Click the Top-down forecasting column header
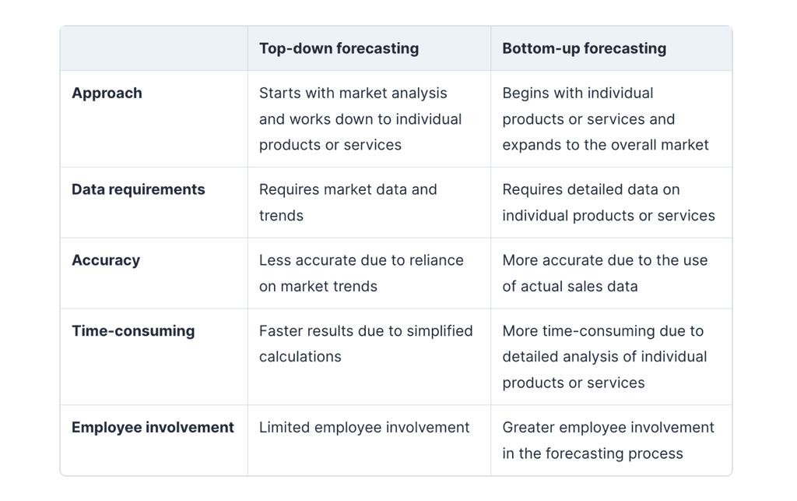click(339, 48)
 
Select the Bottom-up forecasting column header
click(584, 48)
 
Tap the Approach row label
click(107, 93)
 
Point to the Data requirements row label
click(139, 189)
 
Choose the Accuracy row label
click(106, 260)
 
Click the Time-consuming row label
click(133, 331)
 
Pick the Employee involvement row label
click(153, 428)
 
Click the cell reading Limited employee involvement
click(364, 428)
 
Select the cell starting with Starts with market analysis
click(360, 119)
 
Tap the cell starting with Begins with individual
click(605, 119)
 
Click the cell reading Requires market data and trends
click(348, 203)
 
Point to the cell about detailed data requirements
click(608, 203)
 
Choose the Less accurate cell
click(361, 273)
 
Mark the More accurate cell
click(605, 273)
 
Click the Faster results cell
click(366, 344)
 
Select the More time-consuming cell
click(604, 357)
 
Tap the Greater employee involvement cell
click(608, 440)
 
